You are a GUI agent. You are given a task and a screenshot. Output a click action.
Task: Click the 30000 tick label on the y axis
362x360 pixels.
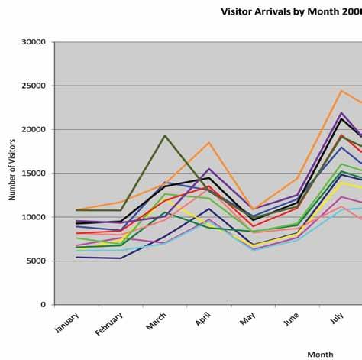(x=34, y=42)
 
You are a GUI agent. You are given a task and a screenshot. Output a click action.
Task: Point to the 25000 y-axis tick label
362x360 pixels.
(x=34, y=86)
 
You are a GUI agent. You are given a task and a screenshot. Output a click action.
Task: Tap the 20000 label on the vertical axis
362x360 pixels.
(x=34, y=129)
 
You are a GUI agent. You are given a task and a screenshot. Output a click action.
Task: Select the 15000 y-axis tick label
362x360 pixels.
(x=34, y=174)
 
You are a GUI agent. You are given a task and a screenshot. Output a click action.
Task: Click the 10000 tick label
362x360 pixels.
(x=34, y=217)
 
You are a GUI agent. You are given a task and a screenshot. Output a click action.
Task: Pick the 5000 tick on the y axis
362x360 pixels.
(x=36, y=261)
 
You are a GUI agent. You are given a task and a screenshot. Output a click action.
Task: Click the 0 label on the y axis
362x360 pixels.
(x=43, y=305)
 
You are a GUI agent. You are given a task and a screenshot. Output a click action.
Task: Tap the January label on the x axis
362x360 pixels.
(x=66, y=323)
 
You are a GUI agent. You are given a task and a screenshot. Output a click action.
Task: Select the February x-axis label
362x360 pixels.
(x=109, y=324)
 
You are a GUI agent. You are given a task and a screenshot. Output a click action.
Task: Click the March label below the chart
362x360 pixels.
(x=157, y=321)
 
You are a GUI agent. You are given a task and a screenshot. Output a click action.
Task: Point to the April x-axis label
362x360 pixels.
(x=203, y=319)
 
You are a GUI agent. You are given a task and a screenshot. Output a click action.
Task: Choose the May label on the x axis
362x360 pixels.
(x=247, y=319)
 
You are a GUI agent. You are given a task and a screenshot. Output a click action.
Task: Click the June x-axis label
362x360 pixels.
(x=292, y=319)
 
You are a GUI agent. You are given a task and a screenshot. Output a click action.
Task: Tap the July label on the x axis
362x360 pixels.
(x=337, y=318)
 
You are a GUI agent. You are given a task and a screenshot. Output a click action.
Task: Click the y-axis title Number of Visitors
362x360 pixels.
(x=12, y=170)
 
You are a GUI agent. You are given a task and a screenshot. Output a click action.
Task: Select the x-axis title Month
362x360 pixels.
(x=320, y=355)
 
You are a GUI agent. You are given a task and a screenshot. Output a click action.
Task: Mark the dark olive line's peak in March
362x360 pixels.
(x=165, y=135)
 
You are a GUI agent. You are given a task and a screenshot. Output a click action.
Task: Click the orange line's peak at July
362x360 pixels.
(x=341, y=91)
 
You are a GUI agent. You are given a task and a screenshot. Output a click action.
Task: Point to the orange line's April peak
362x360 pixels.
(x=209, y=142)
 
